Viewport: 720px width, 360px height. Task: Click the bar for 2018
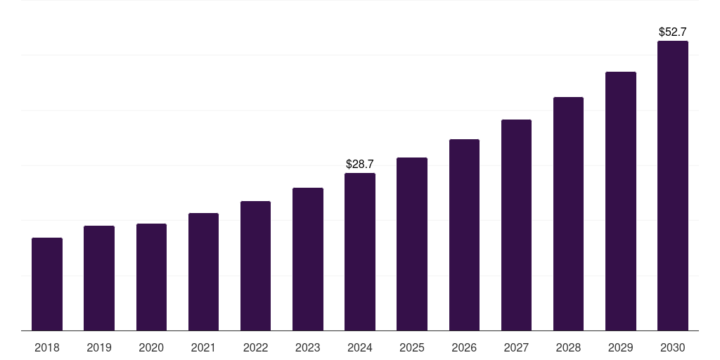pos(47,284)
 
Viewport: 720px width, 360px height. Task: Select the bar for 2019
pos(99,278)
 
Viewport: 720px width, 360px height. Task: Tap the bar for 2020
pos(151,277)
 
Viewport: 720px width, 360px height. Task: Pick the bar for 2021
pos(203,271)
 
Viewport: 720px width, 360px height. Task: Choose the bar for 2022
pos(255,266)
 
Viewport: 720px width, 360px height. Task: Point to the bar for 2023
pos(307,259)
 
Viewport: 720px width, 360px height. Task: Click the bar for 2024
pos(360,252)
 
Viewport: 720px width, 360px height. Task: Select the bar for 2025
pos(412,244)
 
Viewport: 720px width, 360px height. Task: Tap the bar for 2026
pos(464,235)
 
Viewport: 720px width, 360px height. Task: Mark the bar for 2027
pos(516,225)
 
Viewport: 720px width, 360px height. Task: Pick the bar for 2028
pos(568,214)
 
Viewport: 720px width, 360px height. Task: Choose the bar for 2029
pos(620,201)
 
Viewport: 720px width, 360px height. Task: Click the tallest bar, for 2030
pos(672,186)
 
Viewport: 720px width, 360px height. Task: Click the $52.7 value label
pos(672,32)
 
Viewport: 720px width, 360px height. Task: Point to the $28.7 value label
pos(360,164)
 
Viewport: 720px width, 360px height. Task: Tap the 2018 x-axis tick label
pos(47,347)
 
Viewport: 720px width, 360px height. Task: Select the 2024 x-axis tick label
pos(360,347)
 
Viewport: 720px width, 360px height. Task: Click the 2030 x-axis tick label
pos(672,347)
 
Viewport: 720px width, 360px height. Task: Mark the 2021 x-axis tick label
pos(203,347)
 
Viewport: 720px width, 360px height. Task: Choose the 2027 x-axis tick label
pos(516,347)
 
